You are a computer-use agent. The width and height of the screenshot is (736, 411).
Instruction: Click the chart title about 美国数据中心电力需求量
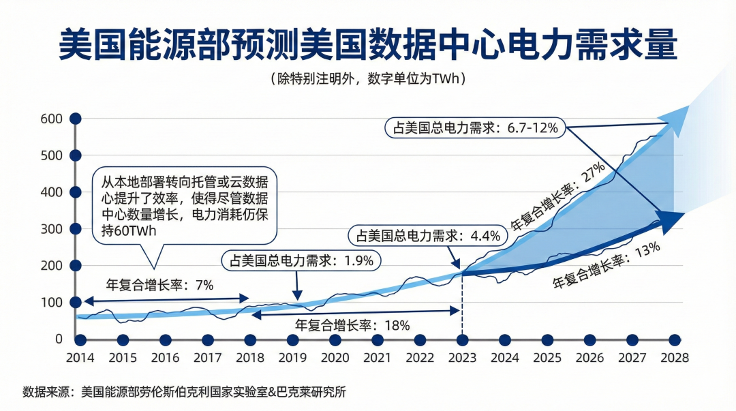368,45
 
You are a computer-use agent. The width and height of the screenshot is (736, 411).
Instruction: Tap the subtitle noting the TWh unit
368,78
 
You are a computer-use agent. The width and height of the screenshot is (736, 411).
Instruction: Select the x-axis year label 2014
80,357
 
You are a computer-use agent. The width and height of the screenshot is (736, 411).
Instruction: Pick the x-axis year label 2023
462,357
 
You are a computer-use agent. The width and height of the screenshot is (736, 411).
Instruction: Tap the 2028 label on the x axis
674,357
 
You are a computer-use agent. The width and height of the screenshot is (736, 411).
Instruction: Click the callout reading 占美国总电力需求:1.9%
302,260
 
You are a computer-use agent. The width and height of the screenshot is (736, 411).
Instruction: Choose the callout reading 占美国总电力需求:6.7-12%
475,127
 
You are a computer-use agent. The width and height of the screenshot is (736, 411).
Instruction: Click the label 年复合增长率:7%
159,285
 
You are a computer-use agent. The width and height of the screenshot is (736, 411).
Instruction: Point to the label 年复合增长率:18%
352,325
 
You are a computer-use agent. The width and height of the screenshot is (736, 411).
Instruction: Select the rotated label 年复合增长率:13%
607,264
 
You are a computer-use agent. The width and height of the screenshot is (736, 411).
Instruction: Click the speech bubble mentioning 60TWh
184,205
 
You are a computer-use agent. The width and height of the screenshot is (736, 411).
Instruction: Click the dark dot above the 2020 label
335,339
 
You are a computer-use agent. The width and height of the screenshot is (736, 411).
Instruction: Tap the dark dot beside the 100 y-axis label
75,302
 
